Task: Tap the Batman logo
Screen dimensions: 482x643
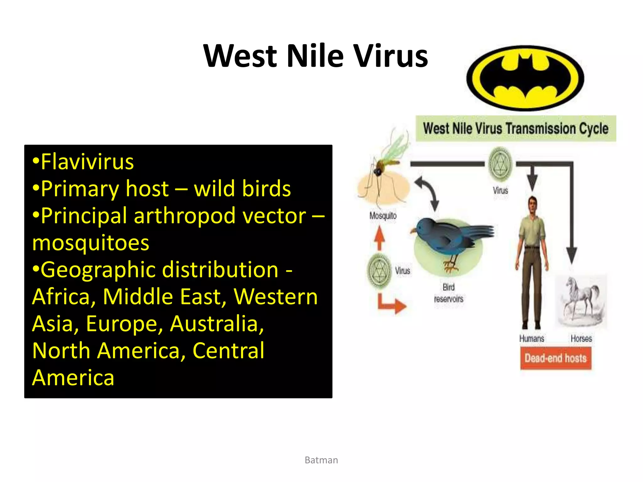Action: point(525,78)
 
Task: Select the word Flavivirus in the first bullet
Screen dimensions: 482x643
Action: point(87,162)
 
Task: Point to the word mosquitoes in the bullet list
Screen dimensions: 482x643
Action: point(91,243)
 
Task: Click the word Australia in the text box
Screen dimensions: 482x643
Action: point(217,324)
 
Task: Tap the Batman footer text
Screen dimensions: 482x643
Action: point(321,460)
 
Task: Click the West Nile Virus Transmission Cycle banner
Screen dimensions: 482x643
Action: point(516,129)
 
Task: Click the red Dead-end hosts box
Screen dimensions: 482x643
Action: point(555,358)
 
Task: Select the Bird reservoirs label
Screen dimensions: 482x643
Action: point(449,293)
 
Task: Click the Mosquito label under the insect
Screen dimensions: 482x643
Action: point(383,216)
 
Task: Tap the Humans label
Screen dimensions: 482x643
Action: point(532,339)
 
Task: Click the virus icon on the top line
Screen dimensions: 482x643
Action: point(500,164)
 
